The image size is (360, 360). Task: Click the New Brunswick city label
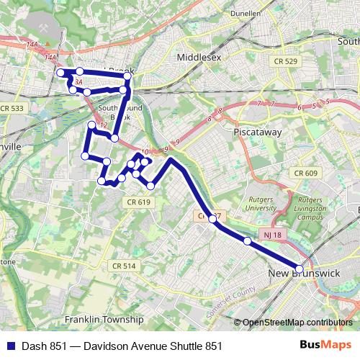tap(303, 274)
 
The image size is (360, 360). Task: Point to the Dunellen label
tap(245, 13)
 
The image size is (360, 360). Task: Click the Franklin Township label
tap(104, 319)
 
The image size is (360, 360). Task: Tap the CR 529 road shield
tap(286, 62)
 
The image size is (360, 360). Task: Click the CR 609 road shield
tap(306, 174)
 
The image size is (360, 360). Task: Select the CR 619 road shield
tap(140, 202)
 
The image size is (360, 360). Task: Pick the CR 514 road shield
tap(124, 266)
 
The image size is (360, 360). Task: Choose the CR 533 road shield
tap(12, 108)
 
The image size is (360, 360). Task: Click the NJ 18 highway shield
tap(272, 235)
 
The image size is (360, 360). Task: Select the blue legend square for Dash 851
tap(9, 346)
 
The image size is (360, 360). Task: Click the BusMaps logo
tap(330, 346)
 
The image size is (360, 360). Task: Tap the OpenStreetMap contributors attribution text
tap(297, 322)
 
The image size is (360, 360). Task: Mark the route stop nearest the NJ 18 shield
tap(247, 241)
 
